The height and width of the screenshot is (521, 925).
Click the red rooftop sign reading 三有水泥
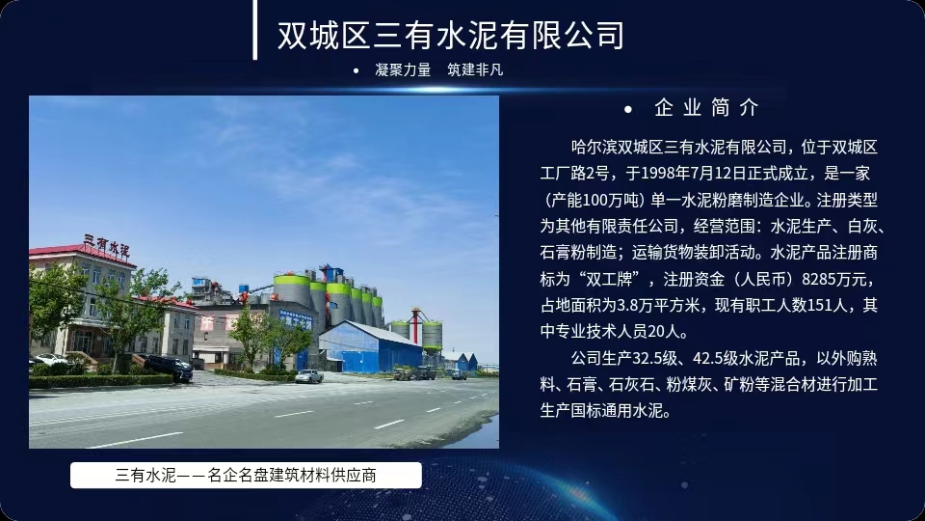coord(106,245)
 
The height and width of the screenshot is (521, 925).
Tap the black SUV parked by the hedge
coord(169,367)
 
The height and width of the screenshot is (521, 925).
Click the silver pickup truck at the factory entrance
coord(309,375)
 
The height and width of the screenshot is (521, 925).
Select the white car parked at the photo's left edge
coord(51,359)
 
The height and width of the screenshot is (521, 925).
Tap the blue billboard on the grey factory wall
coord(295,319)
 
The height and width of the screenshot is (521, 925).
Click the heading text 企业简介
coord(706,108)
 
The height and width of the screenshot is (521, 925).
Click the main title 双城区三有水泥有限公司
coord(451,36)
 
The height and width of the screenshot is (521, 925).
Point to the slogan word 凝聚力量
coord(403,69)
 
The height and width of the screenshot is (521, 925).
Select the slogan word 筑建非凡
coord(475,69)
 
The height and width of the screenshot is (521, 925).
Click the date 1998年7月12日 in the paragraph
coord(695,174)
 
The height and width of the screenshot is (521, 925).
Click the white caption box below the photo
coord(246,476)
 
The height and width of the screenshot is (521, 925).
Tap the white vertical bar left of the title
coord(254,30)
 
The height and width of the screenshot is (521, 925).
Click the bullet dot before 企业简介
coord(627,109)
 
